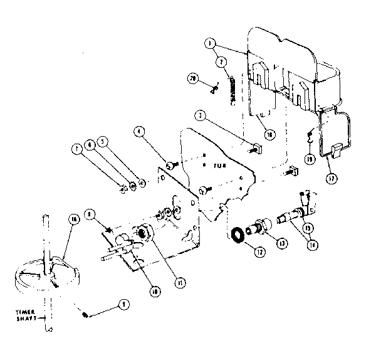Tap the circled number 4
click(x=139, y=132)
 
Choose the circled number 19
click(x=310, y=160)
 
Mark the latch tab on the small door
click(x=335, y=149)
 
